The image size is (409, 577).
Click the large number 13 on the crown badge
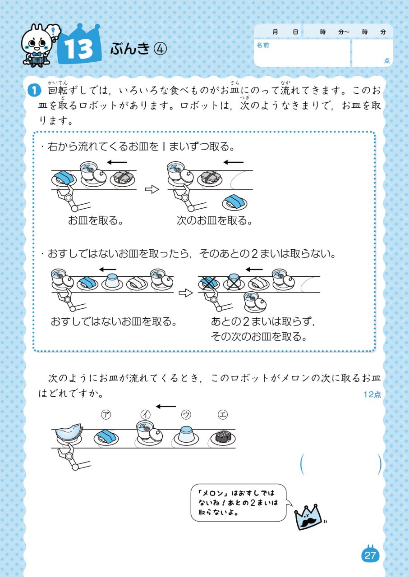point(78,49)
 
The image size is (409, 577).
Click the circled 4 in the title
point(160,49)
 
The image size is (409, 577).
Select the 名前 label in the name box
point(262,45)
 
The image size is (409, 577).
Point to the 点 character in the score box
point(386,60)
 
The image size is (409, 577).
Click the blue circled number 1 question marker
point(34,91)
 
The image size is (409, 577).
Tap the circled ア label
point(106,414)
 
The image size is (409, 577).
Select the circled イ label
point(145,414)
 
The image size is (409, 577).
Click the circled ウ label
point(186,414)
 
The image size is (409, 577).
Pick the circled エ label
point(223,414)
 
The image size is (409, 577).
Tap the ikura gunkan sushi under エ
point(223,437)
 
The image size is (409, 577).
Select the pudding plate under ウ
point(186,435)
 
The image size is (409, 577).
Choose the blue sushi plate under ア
point(106,437)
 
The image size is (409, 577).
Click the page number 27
point(370,555)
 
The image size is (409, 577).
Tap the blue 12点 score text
point(372,394)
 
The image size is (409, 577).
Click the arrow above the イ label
point(165,407)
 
